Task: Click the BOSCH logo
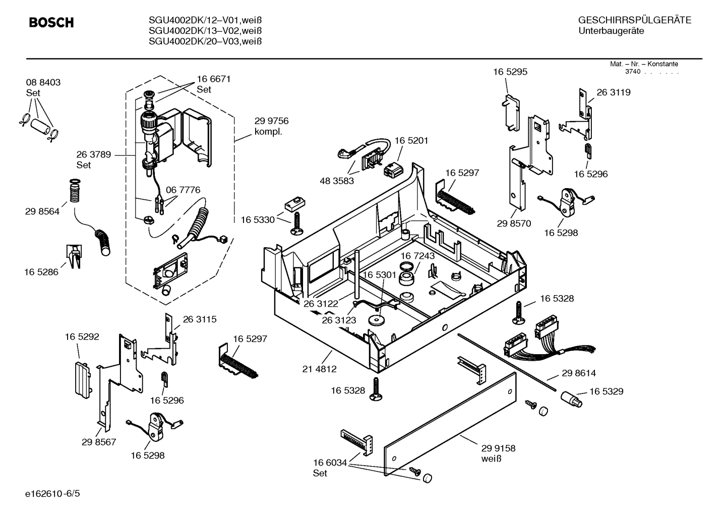click(x=51, y=23)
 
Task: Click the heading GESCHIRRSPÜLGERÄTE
click(x=634, y=21)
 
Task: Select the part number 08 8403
click(x=43, y=83)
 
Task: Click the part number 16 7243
click(x=417, y=256)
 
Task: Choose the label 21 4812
click(x=319, y=369)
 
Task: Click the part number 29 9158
click(x=498, y=448)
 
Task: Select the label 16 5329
click(x=606, y=391)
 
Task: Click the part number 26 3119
click(x=613, y=93)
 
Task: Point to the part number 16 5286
click(x=41, y=272)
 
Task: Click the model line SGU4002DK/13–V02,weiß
click(x=205, y=31)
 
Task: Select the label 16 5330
click(x=258, y=220)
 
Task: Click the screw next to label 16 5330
click(x=295, y=223)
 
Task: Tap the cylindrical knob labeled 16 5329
click(x=571, y=400)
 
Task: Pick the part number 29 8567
click(x=99, y=442)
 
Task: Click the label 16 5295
click(x=510, y=72)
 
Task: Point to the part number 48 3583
click(x=337, y=181)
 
